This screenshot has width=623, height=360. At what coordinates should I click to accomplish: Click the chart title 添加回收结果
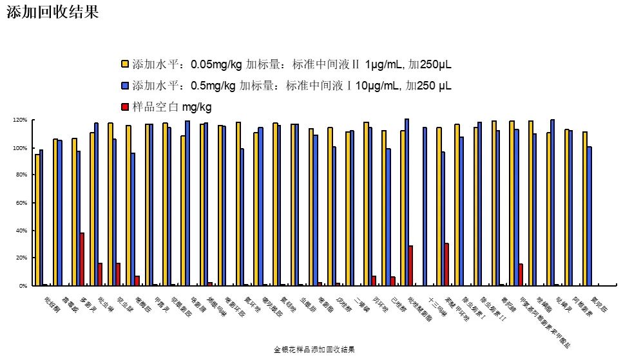click(x=52, y=13)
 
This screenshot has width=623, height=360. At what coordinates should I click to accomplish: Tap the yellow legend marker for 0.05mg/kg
click(x=126, y=64)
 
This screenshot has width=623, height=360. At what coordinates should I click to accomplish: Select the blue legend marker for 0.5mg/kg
click(x=126, y=86)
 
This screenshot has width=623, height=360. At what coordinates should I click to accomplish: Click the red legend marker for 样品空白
click(x=126, y=106)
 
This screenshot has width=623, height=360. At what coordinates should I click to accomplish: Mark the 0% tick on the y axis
click(x=21, y=285)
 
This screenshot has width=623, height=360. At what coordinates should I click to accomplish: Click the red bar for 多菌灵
click(x=82, y=259)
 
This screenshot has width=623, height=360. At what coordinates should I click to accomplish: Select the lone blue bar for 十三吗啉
click(x=425, y=206)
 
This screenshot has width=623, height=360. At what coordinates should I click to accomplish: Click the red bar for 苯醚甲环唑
click(x=446, y=264)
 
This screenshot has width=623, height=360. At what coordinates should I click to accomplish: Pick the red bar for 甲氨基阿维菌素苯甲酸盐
click(x=521, y=274)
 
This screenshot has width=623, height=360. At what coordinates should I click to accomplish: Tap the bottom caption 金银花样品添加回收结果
click(x=314, y=349)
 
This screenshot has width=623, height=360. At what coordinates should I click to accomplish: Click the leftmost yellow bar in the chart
click(x=37, y=220)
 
